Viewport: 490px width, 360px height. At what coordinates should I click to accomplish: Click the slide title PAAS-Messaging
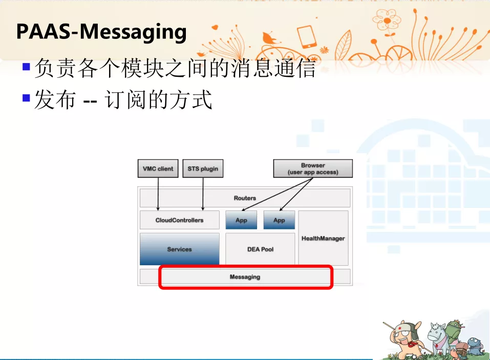tap(101, 32)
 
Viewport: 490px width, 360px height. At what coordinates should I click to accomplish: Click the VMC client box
tap(158, 168)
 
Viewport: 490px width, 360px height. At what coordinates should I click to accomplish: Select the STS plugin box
tap(203, 168)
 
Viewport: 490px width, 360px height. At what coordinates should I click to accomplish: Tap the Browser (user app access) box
tap(313, 168)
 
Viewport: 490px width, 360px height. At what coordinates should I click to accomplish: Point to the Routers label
tap(245, 198)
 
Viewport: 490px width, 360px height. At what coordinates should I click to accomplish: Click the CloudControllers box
tap(179, 220)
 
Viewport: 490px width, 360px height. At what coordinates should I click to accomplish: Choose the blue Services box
tap(179, 249)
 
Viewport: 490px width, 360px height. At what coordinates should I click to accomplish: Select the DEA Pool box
tap(260, 249)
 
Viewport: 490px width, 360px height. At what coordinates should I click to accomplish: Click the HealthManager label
tap(323, 239)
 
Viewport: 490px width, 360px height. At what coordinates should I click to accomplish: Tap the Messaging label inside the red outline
tap(245, 277)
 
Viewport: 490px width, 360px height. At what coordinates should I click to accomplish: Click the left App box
tap(241, 220)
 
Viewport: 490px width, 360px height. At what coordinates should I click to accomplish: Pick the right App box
tap(279, 220)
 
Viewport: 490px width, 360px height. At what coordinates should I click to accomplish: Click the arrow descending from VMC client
tap(158, 194)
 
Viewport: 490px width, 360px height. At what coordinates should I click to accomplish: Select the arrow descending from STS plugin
tap(203, 194)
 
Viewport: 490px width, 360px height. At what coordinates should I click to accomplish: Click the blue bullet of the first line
tap(26, 67)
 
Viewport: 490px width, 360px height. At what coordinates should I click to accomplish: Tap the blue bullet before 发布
tap(26, 98)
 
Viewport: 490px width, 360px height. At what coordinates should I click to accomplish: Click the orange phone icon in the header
tap(307, 37)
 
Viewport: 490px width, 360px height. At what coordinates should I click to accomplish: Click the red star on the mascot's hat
tap(399, 328)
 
